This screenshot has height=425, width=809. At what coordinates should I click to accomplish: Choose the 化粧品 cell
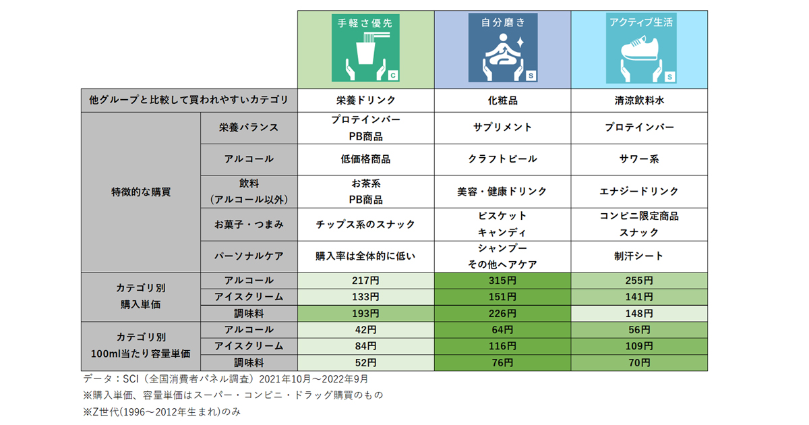tap(502, 101)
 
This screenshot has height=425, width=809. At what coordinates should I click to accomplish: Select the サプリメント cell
tap(502, 127)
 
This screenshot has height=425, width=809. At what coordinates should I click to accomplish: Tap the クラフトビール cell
tap(502, 159)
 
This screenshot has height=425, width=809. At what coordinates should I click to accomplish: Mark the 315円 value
tap(502, 281)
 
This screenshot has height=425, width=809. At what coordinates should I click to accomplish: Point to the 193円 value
tap(366, 314)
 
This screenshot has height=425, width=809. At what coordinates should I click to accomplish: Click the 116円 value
tap(502, 346)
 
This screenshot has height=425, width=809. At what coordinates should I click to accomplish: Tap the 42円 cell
tap(366, 330)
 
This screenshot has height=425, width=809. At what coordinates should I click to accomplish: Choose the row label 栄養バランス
tap(249, 127)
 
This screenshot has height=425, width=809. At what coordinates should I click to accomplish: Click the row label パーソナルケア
tap(249, 256)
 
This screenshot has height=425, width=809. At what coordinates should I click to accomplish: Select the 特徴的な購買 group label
tap(141, 192)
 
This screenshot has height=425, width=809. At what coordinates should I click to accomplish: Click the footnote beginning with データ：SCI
tap(225, 380)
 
